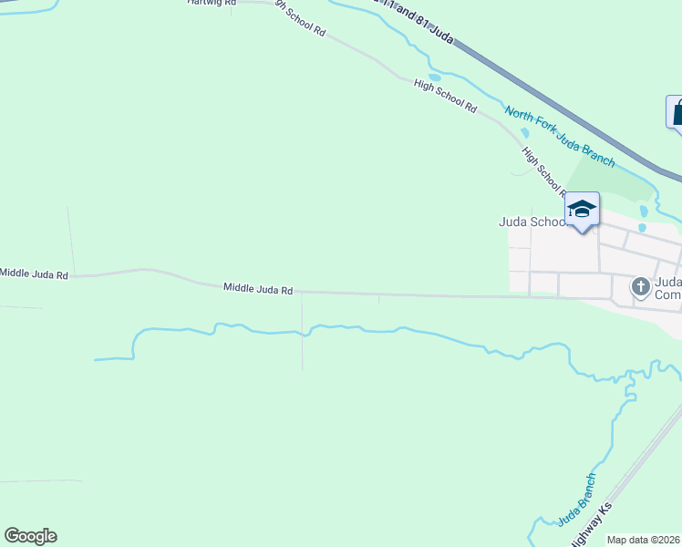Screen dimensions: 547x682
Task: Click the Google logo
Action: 30,536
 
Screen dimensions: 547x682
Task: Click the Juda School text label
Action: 532,222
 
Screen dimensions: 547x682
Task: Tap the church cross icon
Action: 641,287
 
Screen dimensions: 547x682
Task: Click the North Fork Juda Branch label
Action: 559,136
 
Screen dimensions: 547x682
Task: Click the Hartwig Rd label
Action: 211,3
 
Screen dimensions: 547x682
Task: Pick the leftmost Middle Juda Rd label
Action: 34,273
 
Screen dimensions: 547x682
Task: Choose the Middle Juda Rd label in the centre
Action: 258,289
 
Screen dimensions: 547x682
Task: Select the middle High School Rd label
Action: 445,96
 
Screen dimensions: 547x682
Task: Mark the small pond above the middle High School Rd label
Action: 435,77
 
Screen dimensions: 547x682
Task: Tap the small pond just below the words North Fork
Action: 523,133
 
